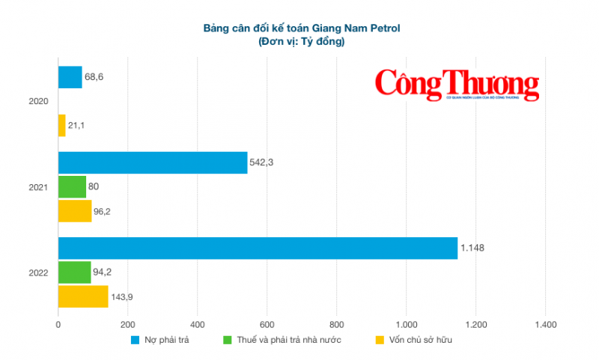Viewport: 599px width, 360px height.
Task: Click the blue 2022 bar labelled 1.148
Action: [258, 248]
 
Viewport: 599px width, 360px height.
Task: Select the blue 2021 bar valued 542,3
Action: [153, 163]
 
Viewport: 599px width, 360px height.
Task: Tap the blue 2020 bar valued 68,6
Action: [70, 77]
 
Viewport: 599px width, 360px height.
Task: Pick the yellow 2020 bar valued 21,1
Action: [62, 125]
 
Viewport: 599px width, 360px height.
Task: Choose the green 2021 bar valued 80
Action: [72, 187]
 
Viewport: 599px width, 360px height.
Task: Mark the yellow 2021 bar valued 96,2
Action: [75, 211]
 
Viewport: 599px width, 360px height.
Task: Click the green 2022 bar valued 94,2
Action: [74, 272]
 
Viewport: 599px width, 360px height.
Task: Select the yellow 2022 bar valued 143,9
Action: [83, 296]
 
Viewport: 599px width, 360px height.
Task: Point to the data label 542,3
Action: [263, 163]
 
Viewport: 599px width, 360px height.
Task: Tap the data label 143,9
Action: [124, 296]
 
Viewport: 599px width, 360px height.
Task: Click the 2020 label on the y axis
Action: [38, 101]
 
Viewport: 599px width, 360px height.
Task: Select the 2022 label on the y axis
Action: [38, 272]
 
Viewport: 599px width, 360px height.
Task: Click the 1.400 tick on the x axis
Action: [545, 325]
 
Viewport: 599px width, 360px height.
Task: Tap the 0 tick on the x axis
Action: [58, 325]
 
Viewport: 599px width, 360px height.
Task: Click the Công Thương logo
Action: [457, 85]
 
